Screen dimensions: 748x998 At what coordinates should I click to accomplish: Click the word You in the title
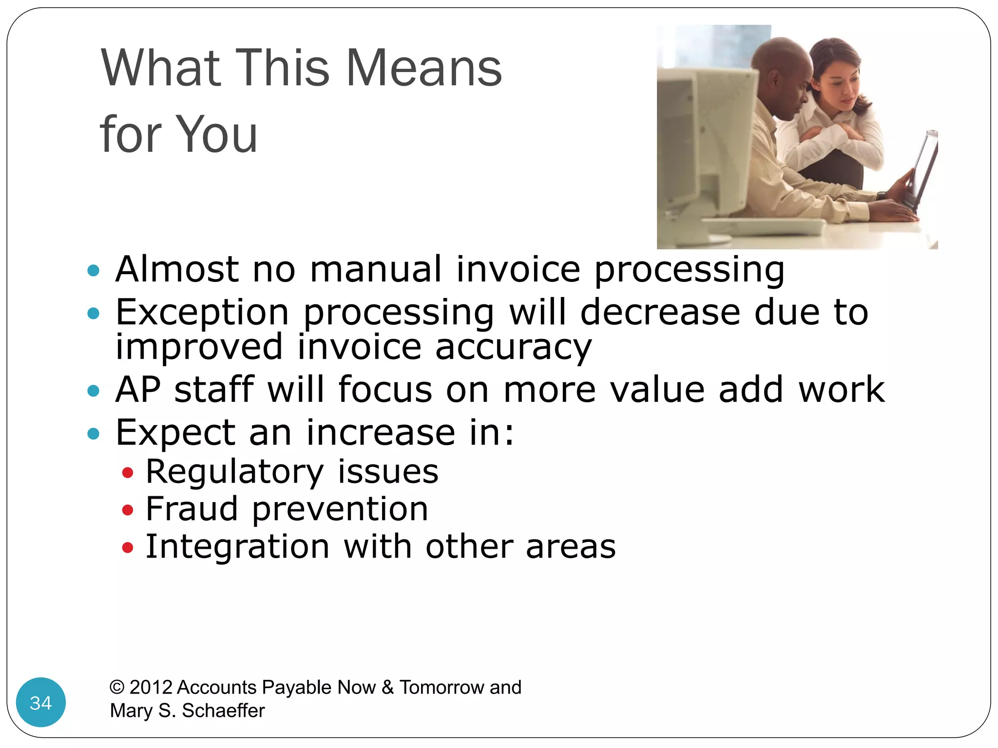(216, 134)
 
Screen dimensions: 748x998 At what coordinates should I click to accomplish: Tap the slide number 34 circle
(41, 702)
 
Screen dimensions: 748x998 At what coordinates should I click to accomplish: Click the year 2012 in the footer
(151, 687)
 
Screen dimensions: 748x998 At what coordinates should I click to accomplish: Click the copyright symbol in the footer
(117, 687)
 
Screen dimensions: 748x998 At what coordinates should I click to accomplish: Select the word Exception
(202, 313)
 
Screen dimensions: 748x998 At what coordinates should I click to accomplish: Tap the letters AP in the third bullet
(138, 390)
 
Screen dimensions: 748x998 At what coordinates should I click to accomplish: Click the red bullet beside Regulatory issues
(128, 472)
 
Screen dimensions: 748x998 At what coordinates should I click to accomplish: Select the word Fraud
(192, 509)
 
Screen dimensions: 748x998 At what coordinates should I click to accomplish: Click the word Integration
(238, 546)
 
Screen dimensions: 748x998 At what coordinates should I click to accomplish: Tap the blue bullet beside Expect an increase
(93, 433)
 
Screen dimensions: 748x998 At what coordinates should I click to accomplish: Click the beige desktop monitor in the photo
(707, 146)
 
